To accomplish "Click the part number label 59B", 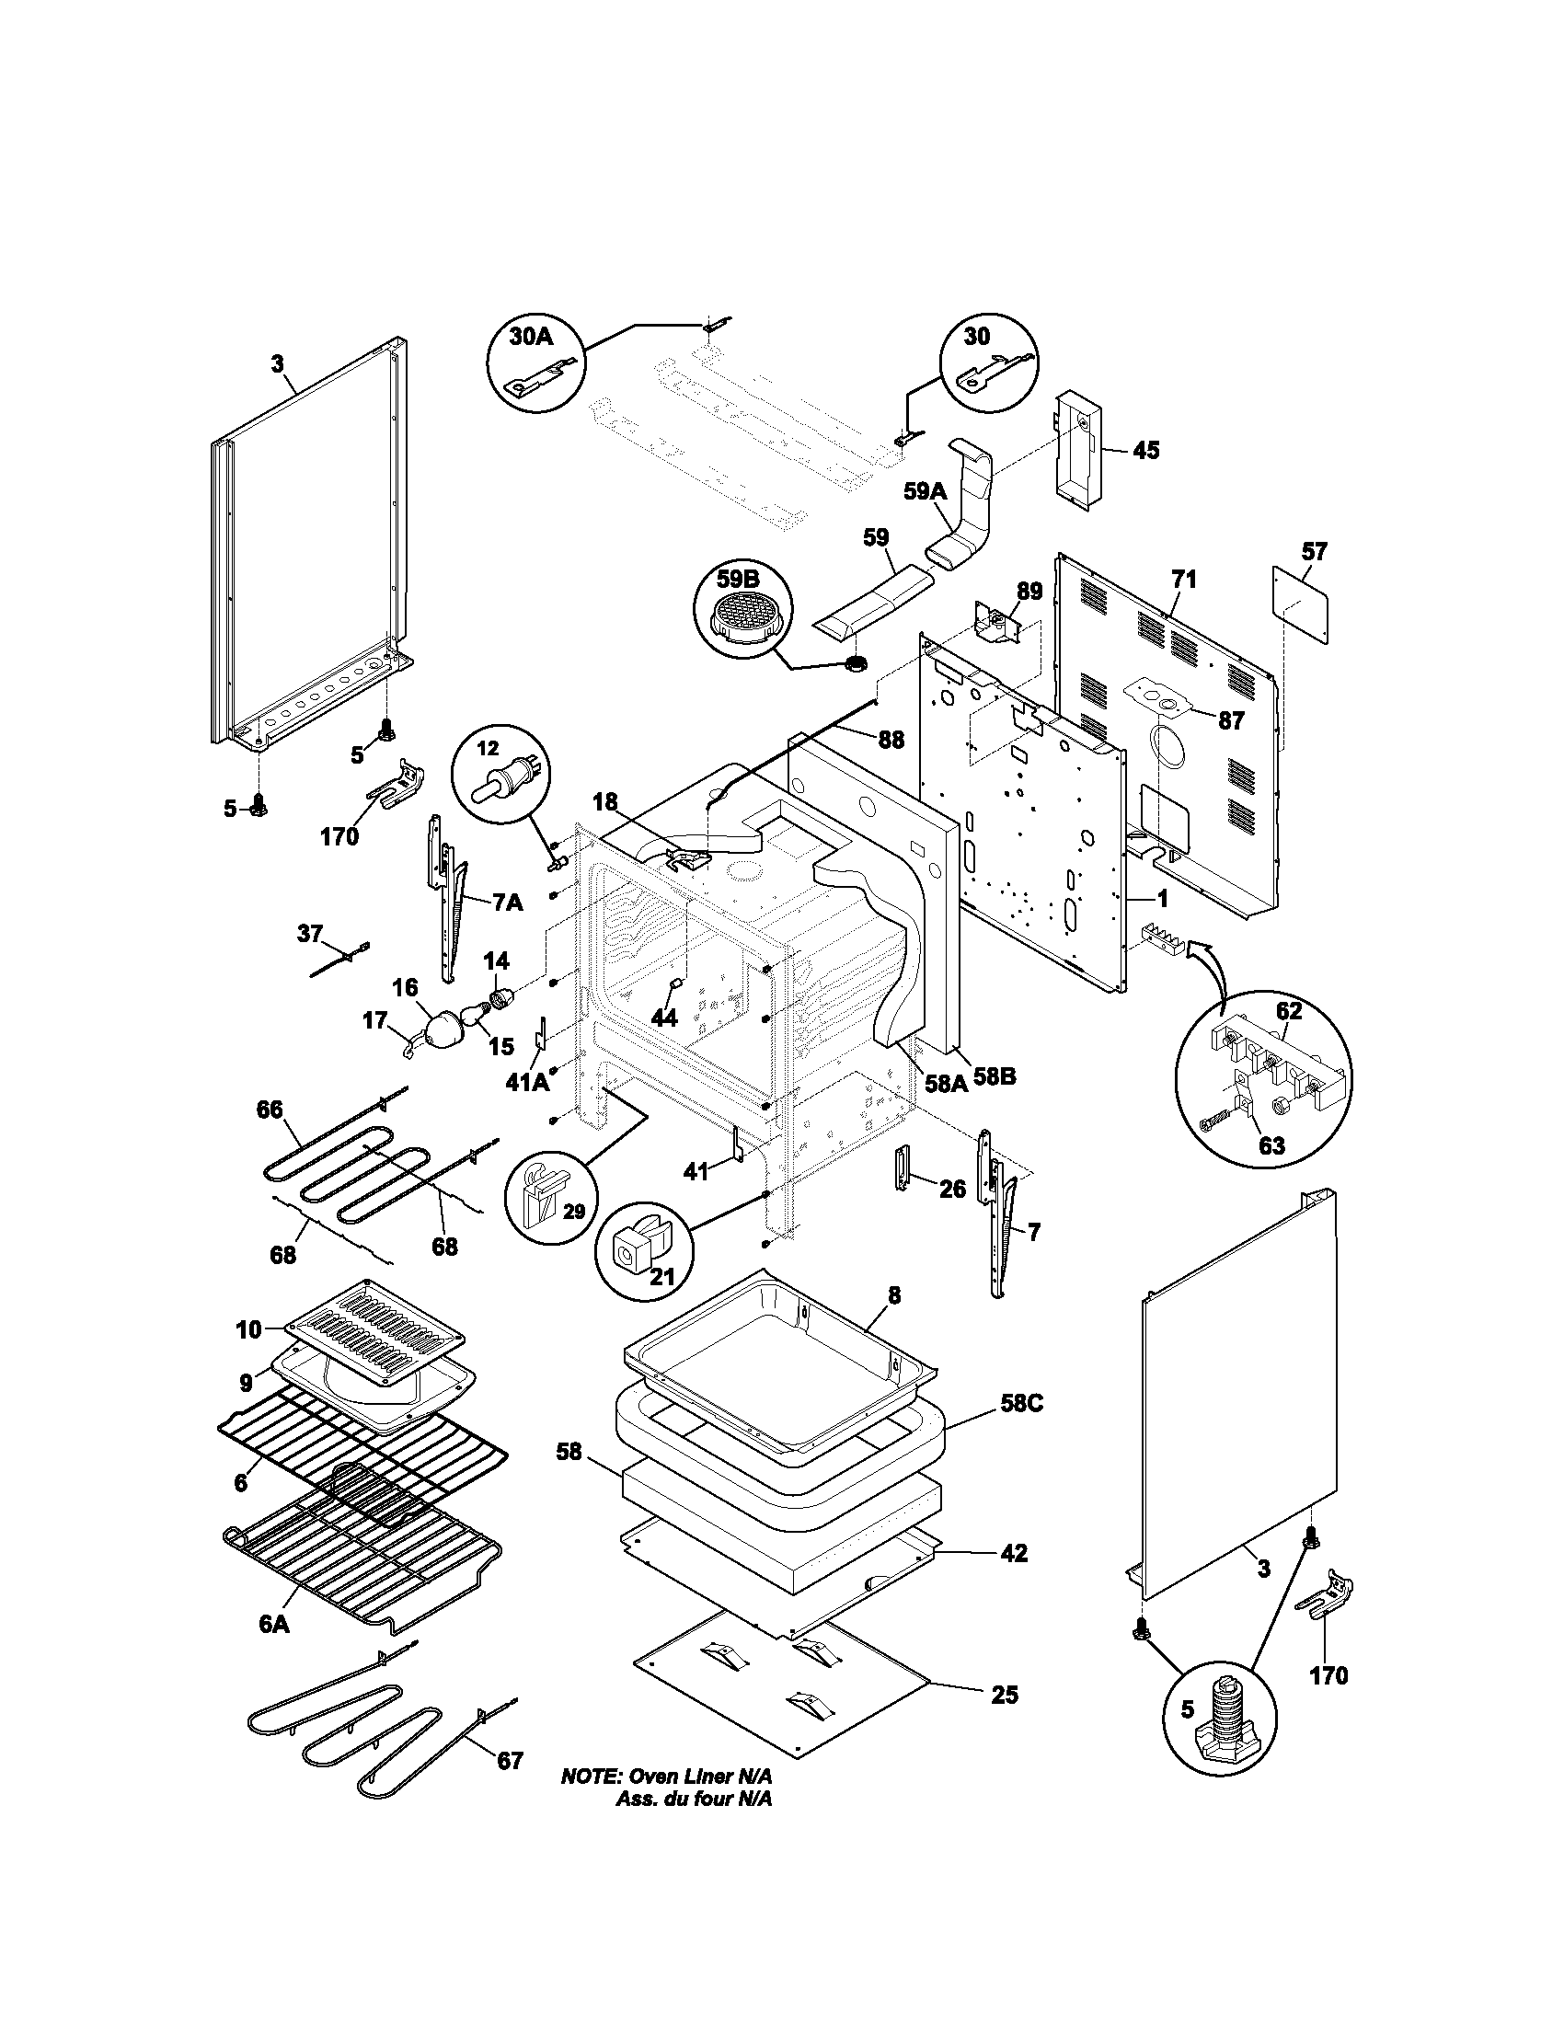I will click(737, 580).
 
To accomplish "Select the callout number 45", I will click(1145, 451).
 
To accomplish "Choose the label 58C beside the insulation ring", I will click(1021, 1404).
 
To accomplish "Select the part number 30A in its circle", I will click(531, 336).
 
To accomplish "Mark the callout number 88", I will click(891, 740).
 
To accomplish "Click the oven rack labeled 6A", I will click(362, 1566).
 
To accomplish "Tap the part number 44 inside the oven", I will click(663, 1018).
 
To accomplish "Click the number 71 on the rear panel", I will click(1183, 581).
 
